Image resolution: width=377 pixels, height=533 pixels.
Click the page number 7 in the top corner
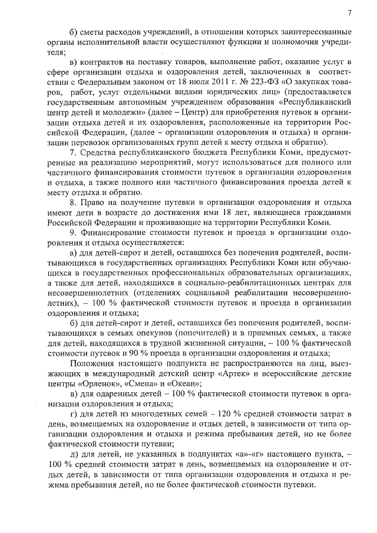coord(349,12)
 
